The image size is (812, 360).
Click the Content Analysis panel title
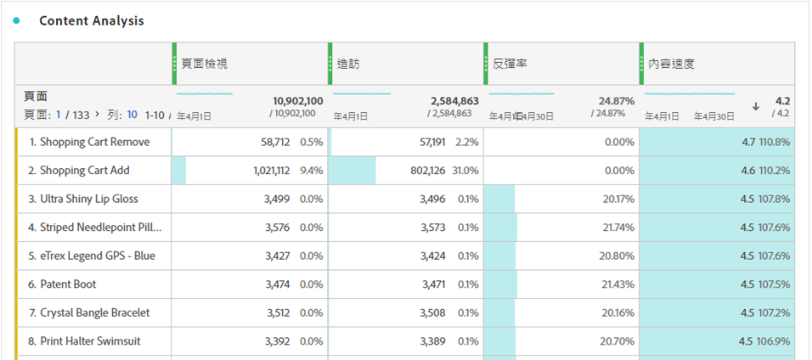[x=92, y=21]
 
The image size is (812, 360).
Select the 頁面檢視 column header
[x=205, y=64]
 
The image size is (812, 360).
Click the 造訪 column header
[x=347, y=64]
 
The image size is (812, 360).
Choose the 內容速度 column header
[x=672, y=64]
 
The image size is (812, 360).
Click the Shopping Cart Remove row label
[x=94, y=143]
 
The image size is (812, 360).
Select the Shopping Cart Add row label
[x=85, y=171]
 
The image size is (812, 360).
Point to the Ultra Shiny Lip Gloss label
[x=89, y=200]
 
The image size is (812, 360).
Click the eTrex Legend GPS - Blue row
[x=98, y=256]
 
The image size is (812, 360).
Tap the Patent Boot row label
[x=68, y=284]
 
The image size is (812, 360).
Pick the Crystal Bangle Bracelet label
[x=95, y=312]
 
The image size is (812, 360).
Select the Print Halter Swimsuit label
[x=90, y=341]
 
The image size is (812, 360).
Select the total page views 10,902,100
[x=297, y=101]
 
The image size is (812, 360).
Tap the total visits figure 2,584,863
[x=454, y=101]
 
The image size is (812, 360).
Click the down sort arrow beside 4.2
[x=756, y=106]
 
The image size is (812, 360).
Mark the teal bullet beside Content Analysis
[x=16, y=21]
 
